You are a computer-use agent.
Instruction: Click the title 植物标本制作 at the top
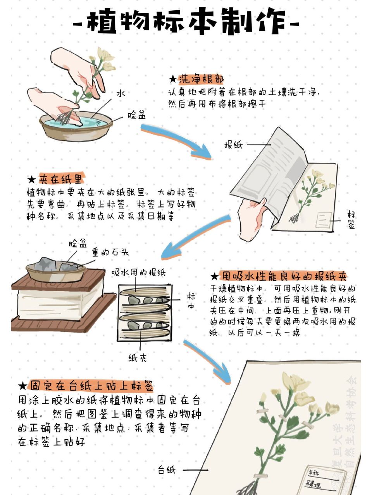click(x=186, y=21)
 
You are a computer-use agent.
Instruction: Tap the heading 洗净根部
click(x=201, y=79)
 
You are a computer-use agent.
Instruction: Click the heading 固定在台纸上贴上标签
click(x=91, y=386)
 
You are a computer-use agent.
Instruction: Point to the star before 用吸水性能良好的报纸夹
click(x=214, y=277)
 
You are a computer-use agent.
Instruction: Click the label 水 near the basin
click(x=121, y=93)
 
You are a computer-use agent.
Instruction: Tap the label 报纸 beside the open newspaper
click(x=233, y=145)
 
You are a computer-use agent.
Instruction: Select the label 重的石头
click(x=110, y=253)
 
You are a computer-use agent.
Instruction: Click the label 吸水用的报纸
click(x=138, y=273)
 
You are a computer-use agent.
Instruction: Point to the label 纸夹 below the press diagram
click(x=138, y=358)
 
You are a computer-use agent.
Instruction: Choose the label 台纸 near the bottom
click(x=167, y=470)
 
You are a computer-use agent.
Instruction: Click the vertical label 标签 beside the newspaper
click(x=351, y=220)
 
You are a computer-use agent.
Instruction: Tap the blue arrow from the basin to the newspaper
click(x=176, y=141)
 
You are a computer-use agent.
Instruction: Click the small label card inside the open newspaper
click(x=324, y=220)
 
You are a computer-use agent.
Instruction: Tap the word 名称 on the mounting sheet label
click(x=313, y=473)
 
